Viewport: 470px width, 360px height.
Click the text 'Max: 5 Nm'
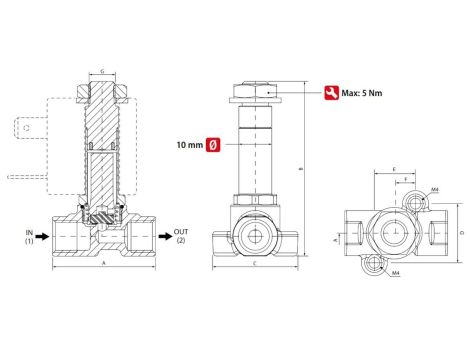(x=363, y=93)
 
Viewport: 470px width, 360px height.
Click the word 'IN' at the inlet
(x=29, y=231)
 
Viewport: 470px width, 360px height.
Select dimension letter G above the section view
(x=102, y=73)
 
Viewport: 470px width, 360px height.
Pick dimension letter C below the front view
(x=256, y=264)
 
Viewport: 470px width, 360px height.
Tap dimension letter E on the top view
(x=395, y=170)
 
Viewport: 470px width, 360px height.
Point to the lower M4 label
(x=396, y=271)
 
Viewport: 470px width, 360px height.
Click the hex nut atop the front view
(x=256, y=91)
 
